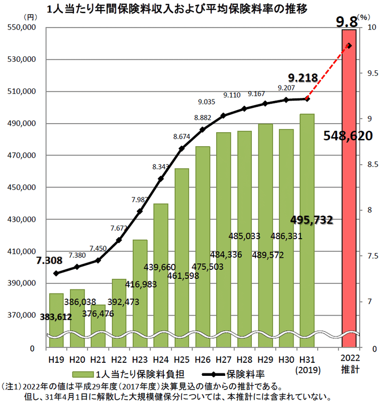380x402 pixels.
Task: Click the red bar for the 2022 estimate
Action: pyautogui.click(x=349, y=201)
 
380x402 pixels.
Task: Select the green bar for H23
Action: pyautogui.click(x=140, y=291)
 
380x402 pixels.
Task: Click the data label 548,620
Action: pyautogui.click(x=348, y=136)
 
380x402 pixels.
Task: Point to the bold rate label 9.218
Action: pyautogui.click(x=303, y=77)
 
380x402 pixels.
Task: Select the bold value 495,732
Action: pyautogui.click(x=312, y=220)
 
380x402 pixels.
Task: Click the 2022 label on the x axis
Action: pyautogui.click(x=350, y=358)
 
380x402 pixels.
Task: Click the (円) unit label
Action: pyautogui.click(x=31, y=17)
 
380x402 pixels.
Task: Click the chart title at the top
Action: pyautogui.click(x=176, y=9)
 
